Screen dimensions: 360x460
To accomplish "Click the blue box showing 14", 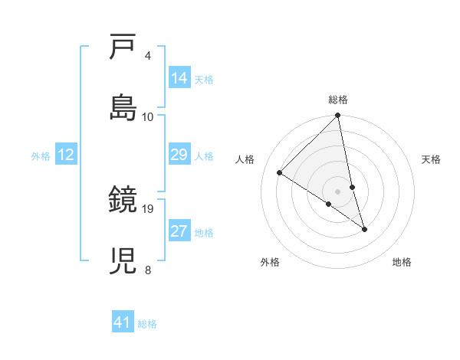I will tap(179, 77).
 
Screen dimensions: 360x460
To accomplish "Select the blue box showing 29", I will tap(179, 155).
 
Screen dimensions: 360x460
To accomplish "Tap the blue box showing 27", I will tap(179, 231).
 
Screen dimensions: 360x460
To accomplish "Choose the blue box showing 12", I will tap(66, 155).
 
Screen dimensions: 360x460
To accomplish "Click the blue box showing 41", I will tap(123, 322).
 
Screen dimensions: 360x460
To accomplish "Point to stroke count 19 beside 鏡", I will tap(149, 208).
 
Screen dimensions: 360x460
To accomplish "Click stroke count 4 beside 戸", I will tap(148, 56).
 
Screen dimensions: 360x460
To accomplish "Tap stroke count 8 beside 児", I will tap(148, 270).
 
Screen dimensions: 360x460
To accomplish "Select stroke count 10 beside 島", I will tap(148, 116).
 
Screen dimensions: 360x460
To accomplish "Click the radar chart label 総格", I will tap(338, 100).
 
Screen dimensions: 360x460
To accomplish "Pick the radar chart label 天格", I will tap(432, 159).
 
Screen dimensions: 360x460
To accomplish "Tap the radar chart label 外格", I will tap(270, 262).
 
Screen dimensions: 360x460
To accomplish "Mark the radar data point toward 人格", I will tap(280, 172).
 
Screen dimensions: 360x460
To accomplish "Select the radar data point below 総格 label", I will tap(338, 116).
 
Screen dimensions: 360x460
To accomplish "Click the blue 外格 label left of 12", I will tap(41, 155).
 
